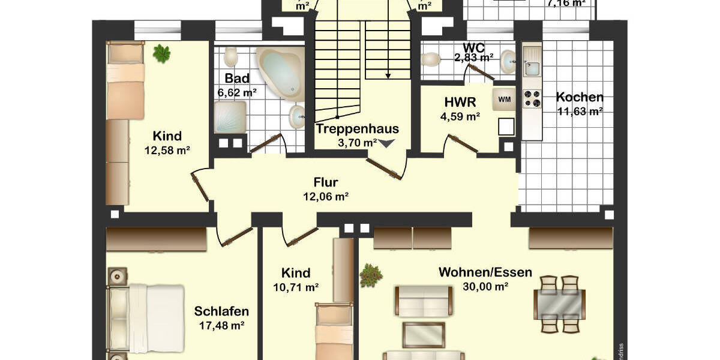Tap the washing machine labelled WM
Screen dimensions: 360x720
pyautogui.click(x=505, y=100)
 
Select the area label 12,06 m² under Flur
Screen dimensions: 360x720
pyautogui.click(x=326, y=196)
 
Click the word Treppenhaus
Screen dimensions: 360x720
pyautogui.click(x=357, y=128)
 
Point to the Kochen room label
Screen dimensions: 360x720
pyautogui.click(x=580, y=97)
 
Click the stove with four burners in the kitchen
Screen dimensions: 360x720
pyautogui.click(x=532, y=98)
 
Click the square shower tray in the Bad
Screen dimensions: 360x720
pyautogui.click(x=230, y=117)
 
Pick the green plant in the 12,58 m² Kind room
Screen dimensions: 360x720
pyautogui.click(x=161, y=53)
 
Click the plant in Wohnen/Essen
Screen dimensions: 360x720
pyautogui.click(x=370, y=275)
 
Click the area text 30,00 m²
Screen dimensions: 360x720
pyautogui.click(x=485, y=286)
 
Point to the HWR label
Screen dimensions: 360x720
pyautogui.click(x=460, y=102)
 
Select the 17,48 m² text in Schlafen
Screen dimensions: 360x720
pyautogui.click(x=221, y=326)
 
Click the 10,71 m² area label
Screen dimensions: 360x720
pyautogui.click(x=296, y=287)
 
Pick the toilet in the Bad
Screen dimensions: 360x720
pyautogui.click(x=231, y=58)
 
